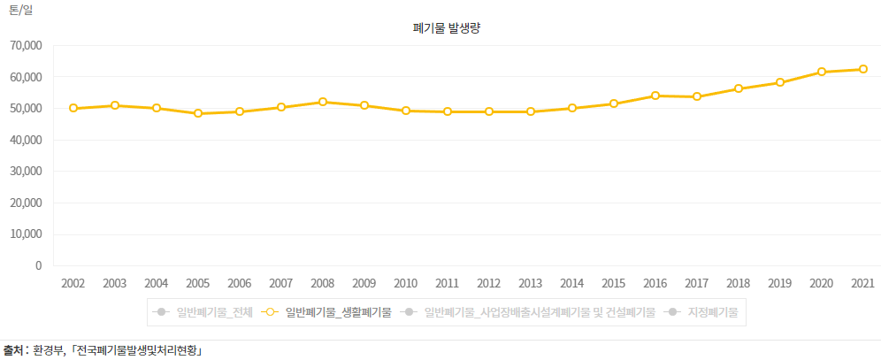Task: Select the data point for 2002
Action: [73, 108]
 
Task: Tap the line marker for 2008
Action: [323, 102]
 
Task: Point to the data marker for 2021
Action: [863, 69]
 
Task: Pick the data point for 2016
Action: [655, 96]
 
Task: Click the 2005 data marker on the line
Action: [198, 113]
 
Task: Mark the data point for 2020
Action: [822, 72]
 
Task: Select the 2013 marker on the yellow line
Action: [531, 111]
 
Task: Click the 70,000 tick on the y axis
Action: [27, 45]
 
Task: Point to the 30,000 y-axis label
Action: [27, 172]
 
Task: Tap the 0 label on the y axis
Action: [38, 265]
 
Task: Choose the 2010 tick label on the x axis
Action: [406, 283]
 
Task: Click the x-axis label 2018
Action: [739, 283]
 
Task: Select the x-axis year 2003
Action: [115, 283]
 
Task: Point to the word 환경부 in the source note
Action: [50, 349]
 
